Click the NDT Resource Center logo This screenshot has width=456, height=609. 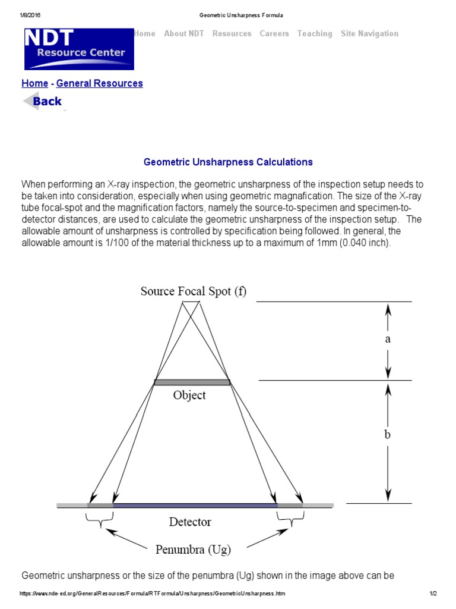pyautogui.click(x=78, y=49)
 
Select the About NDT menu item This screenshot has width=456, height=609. pyautogui.click(x=183, y=34)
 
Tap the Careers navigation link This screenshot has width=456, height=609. pyautogui.click(x=274, y=34)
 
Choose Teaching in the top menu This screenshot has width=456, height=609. pyautogui.click(x=315, y=34)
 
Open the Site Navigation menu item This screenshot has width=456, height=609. pyautogui.click(x=369, y=34)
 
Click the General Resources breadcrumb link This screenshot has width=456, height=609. pyautogui.click(x=100, y=83)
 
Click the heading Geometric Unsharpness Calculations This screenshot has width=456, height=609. pyautogui.click(x=228, y=162)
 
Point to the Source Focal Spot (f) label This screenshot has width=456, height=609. pyautogui.click(x=193, y=291)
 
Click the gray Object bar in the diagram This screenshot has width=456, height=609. pyautogui.click(x=191, y=382)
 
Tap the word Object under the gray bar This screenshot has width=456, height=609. pyautogui.click(x=189, y=395)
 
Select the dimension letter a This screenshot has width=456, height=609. pyautogui.click(x=388, y=339)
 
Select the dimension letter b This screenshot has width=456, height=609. pyautogui.click(x=388, y=435)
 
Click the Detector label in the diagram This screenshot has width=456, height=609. pyautogui.click(x=190, y=522)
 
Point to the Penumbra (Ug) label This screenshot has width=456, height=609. pyautogui.click(x=193, y=550)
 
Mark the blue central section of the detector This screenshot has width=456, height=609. pyautogui.click(x=195, y=506)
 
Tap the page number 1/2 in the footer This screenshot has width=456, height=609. pyautogui.click(x=433, y=594)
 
